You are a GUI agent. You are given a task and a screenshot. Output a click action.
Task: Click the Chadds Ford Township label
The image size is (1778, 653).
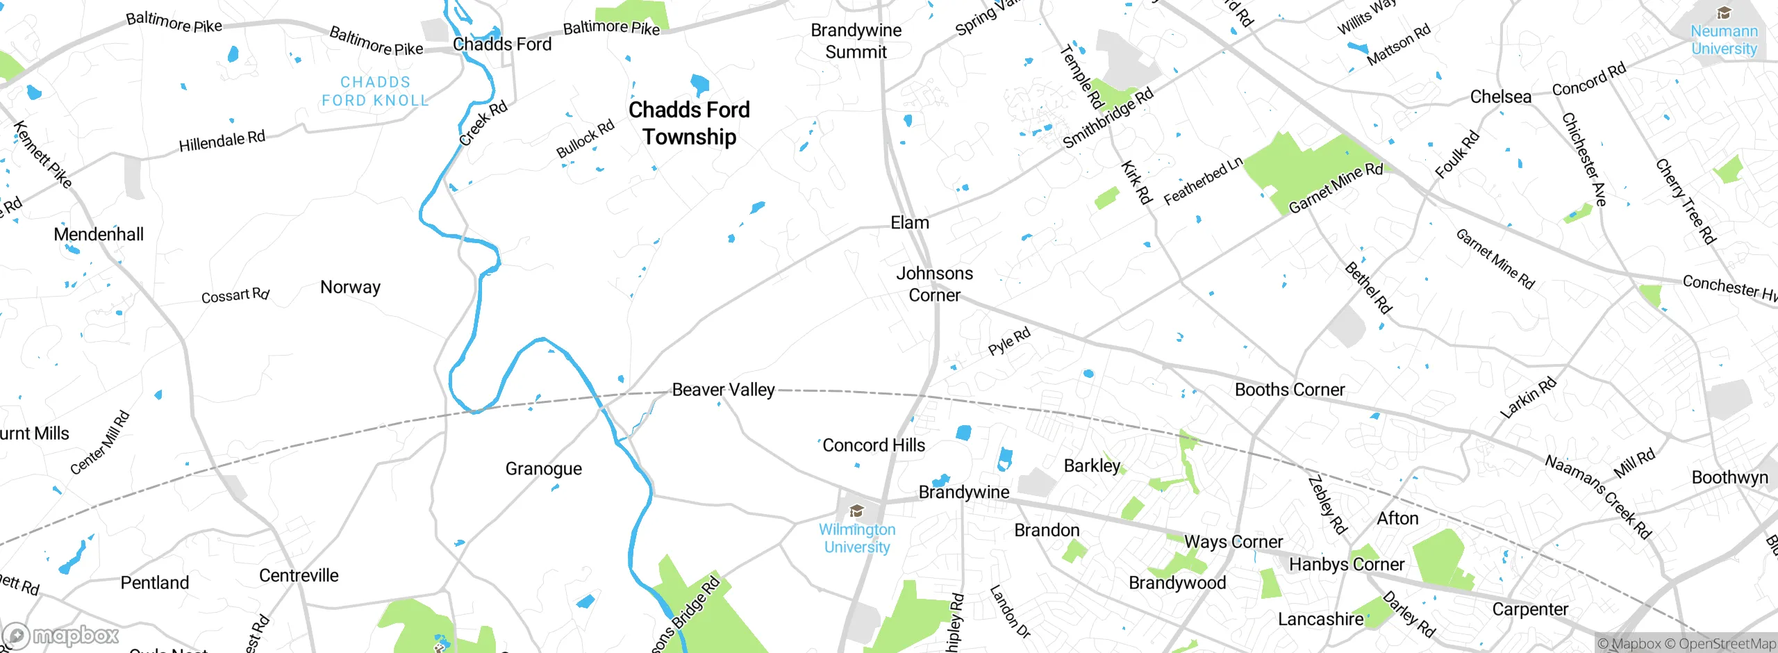tap(689, 123)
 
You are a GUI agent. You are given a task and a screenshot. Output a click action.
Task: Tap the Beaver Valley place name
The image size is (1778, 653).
tap(723, 390)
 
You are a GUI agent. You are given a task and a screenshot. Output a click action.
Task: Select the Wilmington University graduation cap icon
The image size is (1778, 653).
tap(857, 512)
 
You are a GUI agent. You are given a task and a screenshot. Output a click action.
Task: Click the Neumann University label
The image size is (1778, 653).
tap(1724, 40)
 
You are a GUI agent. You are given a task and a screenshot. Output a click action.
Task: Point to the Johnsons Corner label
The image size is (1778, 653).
tap(934, 284)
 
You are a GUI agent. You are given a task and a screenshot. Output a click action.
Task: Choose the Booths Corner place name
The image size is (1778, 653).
tap(1289, 390)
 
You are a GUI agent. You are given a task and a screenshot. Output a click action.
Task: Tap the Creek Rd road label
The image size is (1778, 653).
tap(483, 123)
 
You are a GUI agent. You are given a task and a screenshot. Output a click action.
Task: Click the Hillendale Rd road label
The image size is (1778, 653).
tap(222, 142)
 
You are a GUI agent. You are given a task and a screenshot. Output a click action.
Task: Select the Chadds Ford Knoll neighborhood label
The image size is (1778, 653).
tap(375, 91)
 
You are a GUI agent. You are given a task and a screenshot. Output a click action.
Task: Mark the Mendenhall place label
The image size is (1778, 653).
tap(99, 234)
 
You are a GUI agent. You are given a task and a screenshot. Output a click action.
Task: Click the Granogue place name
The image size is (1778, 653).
tap(543, 469)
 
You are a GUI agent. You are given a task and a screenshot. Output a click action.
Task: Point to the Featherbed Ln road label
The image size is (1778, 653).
tap(1203, 181)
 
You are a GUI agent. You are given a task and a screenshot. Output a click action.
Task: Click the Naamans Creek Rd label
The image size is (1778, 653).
tap(1597, 497)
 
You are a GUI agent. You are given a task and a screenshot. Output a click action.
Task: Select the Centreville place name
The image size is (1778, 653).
tap(299, 575)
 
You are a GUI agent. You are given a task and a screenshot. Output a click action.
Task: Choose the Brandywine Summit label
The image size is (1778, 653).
tap(856, 41)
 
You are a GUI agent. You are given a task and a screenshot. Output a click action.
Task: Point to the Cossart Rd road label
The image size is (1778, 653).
tap(235, 296)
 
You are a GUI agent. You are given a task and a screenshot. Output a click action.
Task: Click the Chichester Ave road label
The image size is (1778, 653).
tap(1584, 159)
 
